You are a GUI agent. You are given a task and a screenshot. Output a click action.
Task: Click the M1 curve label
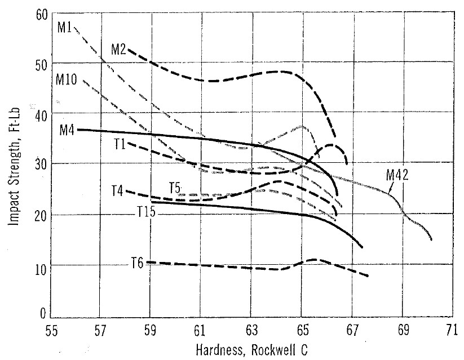click(x=65, y=26)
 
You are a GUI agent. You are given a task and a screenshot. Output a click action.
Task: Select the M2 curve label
click(x=118, y=49)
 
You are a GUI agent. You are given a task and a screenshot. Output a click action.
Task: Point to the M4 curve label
click(x=67, y=129)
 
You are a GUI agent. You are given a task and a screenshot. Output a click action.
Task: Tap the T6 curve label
click(x=138, y=262)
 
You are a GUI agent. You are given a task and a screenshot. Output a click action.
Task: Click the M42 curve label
click(x=397, y=175)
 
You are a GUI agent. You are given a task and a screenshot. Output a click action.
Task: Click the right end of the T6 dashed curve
click(x=369, y=276)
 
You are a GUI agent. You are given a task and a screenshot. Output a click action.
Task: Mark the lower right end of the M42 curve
click(x=432, y=240)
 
